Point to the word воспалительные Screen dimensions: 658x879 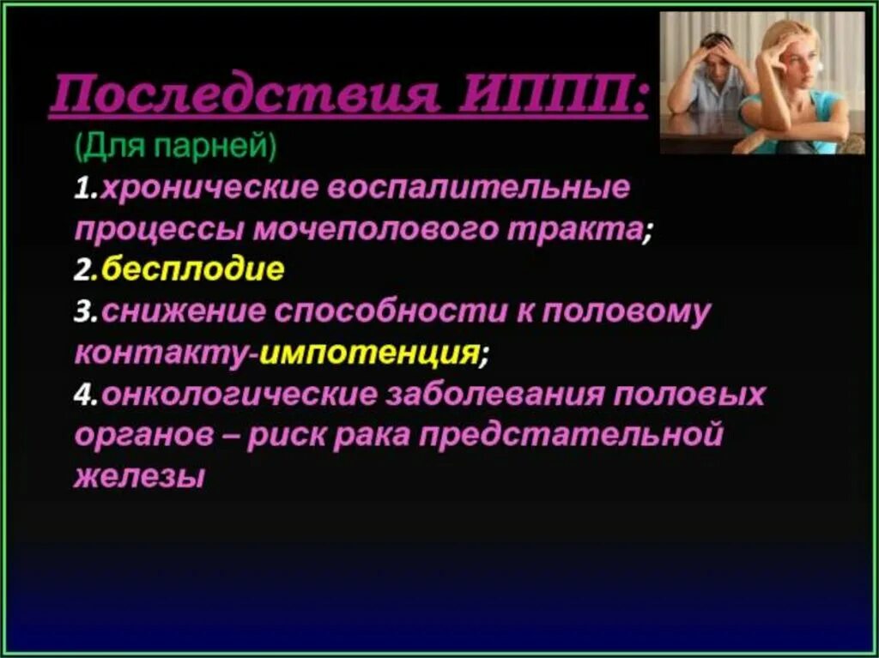pyautogui.click(x=482, y=188)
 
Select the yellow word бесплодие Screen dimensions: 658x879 pyautogui.click(x=193, y=271)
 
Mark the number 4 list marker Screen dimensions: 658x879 pyautogui.click(x=82, y=395)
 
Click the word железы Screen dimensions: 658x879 pyautogui.click(x=139, y=477)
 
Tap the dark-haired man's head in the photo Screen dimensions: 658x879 pyautogui.click(x=717, y=51)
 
